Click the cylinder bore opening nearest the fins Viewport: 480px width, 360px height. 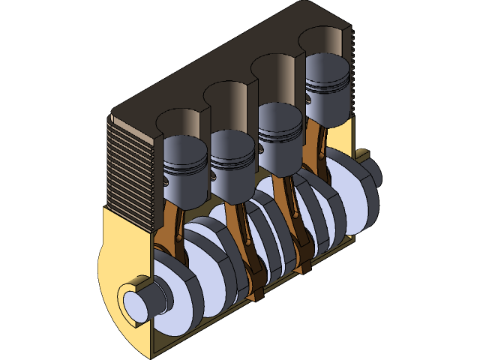[178, 121]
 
